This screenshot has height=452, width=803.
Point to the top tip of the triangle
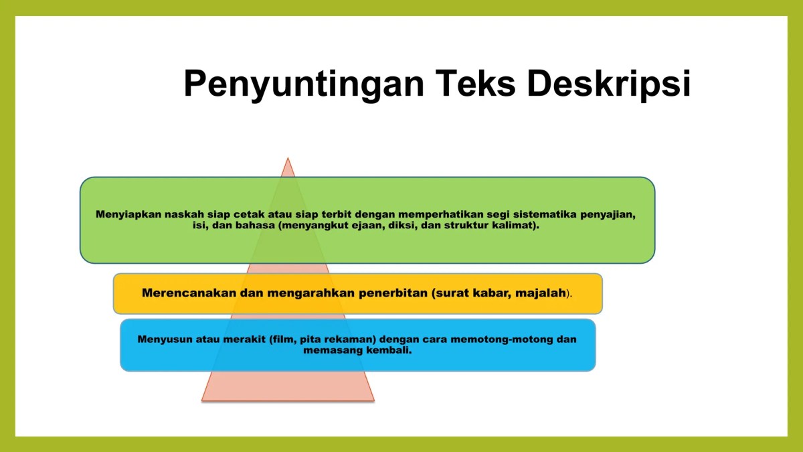(x=288, y=159)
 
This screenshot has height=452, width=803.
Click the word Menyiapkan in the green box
(x=124, y=215)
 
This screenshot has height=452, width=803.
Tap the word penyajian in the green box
(x=604, y=215)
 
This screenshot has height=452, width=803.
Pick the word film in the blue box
(x=280, y=339)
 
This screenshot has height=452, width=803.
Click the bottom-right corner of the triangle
(x=373, y=400)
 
